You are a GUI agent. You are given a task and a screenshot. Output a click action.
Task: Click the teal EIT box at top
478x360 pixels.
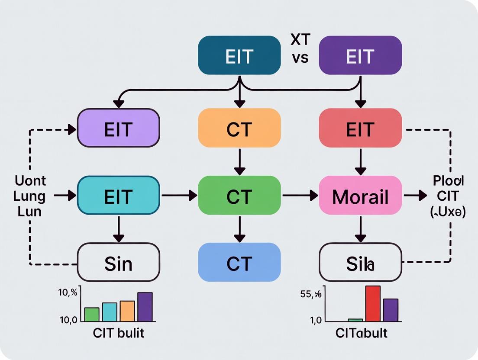point(239,55)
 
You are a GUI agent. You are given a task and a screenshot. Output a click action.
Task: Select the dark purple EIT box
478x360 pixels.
point(360,55)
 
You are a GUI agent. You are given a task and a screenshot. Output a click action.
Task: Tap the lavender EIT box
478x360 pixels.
point(118,128)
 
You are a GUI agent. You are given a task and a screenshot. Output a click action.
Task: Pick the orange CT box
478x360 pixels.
point(239,128)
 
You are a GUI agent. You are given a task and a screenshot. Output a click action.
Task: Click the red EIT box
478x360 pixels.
point(360,128)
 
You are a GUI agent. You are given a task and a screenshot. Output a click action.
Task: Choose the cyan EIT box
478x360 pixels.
point(118,196)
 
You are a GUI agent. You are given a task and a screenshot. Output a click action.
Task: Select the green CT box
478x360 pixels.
point(239,196)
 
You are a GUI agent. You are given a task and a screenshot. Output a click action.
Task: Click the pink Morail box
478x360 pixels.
point(360,196)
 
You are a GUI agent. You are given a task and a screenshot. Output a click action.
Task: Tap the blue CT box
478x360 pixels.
point(239,263)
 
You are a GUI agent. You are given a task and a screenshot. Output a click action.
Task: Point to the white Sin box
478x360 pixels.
point(118,263)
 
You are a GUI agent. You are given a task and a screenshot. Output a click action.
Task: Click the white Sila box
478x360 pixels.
point(360,263)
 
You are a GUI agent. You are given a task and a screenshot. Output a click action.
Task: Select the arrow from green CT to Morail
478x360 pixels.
point(300,196)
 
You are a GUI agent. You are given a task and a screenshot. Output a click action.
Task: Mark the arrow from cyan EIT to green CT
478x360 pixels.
point(179,196)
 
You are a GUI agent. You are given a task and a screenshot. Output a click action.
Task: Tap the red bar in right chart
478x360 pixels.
point(373,304)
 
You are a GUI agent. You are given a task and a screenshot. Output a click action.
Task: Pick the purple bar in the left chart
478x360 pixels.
point(145,307)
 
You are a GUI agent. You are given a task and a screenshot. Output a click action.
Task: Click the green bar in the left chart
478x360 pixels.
point(92,314)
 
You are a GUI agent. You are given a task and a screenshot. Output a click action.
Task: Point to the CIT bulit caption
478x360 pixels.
point(119,333)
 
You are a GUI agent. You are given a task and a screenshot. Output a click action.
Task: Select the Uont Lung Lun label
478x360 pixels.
point(30,196)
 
